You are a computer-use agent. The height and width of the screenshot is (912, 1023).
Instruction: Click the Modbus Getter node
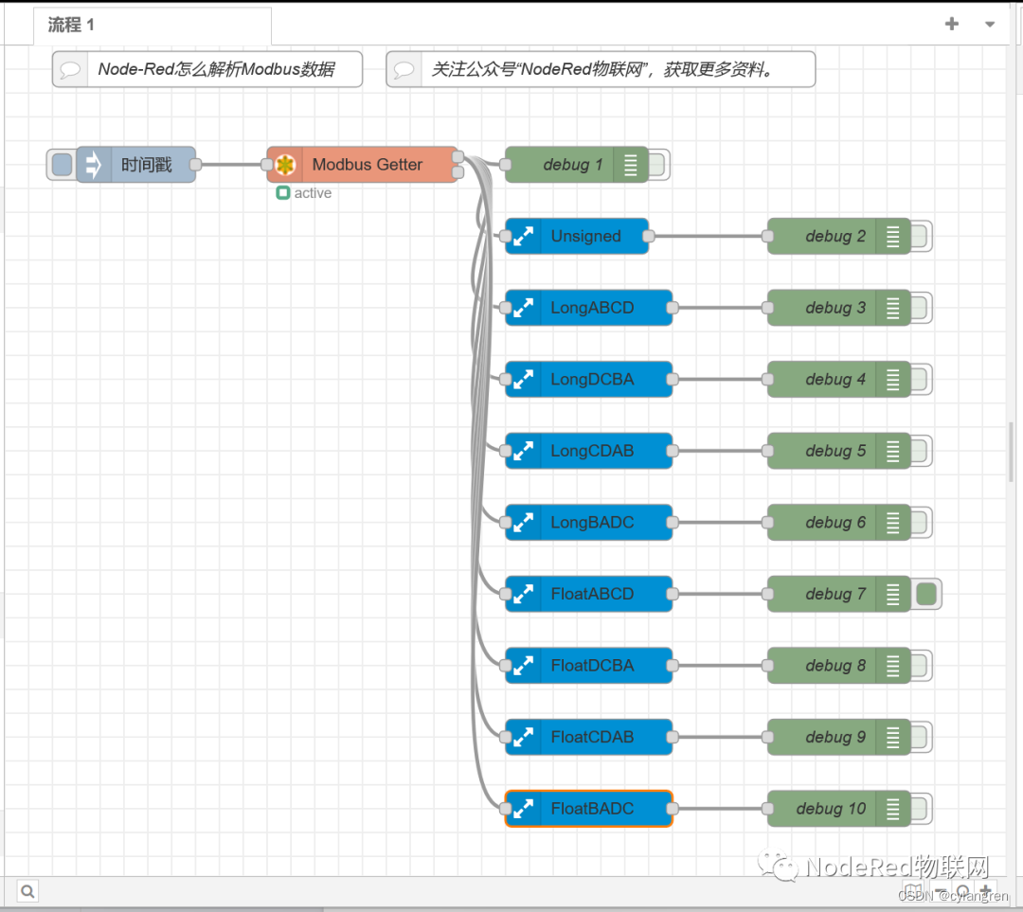tap(367, 165)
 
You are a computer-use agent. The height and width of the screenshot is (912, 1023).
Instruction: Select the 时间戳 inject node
tap(146, 165)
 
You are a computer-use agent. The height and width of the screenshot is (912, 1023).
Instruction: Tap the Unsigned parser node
tap(585, 237)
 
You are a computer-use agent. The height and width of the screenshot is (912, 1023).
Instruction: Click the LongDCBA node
tap(592, 380)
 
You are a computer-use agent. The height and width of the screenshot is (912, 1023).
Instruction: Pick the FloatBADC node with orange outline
tap(592, 809)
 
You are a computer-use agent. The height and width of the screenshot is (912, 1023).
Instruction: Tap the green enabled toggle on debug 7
tap(926, 595)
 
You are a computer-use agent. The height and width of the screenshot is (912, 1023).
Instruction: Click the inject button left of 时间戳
tap(62, 165)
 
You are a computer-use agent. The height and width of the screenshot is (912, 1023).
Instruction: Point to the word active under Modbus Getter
tap(313, 193)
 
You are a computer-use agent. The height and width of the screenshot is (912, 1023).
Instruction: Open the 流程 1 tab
tap(72, 26)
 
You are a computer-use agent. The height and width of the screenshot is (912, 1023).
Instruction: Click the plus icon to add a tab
tap(952, 25)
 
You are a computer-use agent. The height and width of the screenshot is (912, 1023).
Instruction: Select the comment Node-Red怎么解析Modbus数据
tap(216, 70)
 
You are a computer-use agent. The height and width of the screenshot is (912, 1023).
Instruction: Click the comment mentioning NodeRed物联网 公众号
tap(602, 70)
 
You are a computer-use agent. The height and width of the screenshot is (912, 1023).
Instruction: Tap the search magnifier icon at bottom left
tap(27, 891)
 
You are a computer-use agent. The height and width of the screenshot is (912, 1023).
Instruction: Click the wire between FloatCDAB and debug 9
tap(720, 738)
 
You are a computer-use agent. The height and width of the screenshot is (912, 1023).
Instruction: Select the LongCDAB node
tap(592, 452)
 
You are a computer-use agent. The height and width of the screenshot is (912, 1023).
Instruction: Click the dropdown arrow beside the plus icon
tap(990, 25)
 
